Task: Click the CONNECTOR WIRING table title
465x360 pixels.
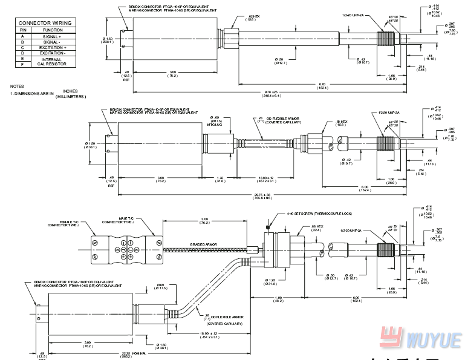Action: tap(45, 22)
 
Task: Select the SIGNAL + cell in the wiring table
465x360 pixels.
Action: tap(53, 36)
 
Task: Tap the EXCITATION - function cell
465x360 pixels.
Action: tap(53, 53)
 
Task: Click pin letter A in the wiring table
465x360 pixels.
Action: tap(22, 36)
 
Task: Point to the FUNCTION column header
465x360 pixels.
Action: tap(53, 29)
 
